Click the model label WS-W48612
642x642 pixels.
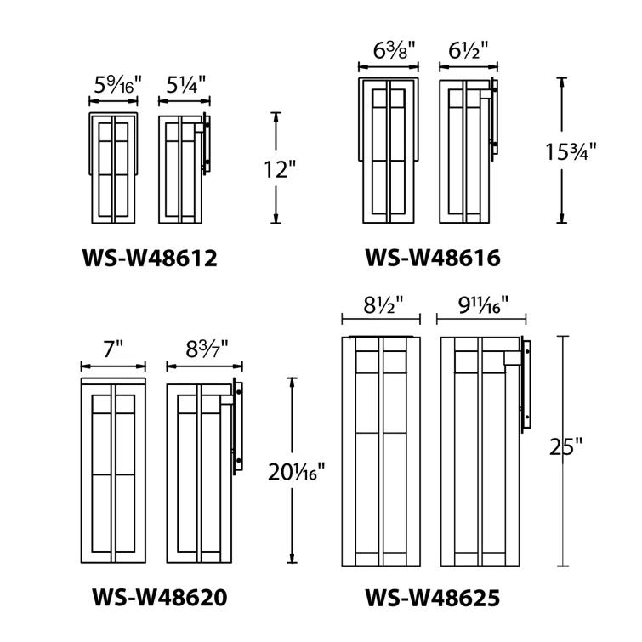(150, 257)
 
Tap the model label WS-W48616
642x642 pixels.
(432, 257)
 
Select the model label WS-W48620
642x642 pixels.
(159, 598)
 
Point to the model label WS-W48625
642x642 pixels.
(432, 598)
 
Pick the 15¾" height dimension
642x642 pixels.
(571, 151)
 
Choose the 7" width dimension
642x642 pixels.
(114, 348)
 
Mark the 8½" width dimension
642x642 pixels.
(381, 303)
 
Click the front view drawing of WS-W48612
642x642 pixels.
(113, 167)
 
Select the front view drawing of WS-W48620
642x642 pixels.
(114, 473)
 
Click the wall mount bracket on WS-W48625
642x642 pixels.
(526, 383)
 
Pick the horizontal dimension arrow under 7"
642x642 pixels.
(114, 366)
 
